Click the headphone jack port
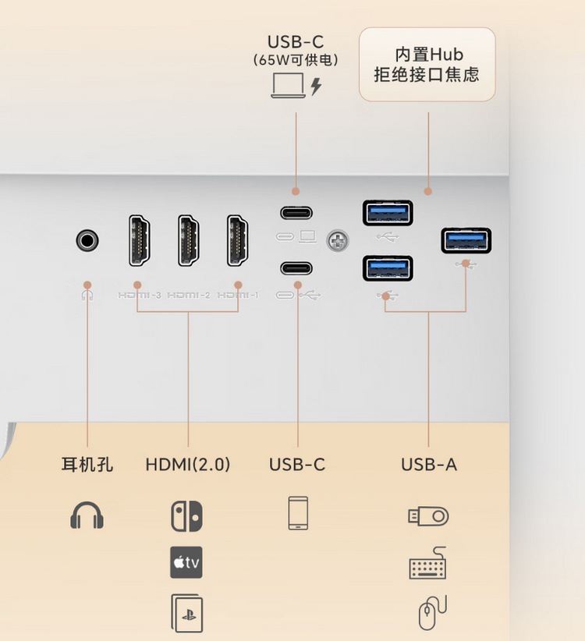(87, 239)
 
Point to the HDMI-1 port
(238, 239)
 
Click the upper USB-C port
(296, 211)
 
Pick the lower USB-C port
(296, 267)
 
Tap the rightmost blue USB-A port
(466, 239)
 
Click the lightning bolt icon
(316, 86)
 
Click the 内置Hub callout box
(427, 65)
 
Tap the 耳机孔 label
(87, 465)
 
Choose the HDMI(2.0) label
(188, 465)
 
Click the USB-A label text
(429, 465)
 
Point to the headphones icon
(87, 515)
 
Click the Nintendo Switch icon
(186, 515)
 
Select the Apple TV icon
(186, 562)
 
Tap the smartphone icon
(298, 513)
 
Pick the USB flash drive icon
(428, 515)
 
